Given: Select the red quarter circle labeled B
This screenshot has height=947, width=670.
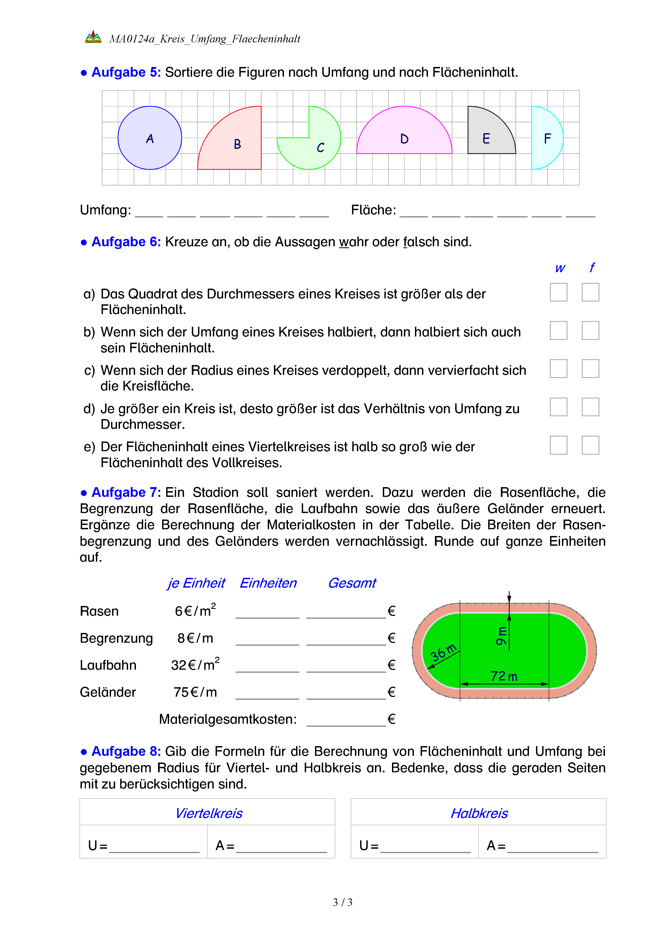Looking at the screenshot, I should click(237, 144).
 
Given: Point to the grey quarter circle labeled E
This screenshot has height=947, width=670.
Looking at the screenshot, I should click(487, 136).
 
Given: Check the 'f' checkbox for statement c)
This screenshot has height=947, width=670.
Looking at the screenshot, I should click(590, 368).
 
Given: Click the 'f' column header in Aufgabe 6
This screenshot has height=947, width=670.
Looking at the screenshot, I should click(592, 268).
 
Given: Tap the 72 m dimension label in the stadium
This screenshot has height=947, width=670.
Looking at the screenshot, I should click(504, 676).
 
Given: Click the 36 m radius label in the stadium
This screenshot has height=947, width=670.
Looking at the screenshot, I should click(443, 652).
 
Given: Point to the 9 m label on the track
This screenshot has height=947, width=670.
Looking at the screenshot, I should click(501, 636).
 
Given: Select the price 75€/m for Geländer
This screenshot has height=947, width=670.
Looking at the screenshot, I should click(195, 692).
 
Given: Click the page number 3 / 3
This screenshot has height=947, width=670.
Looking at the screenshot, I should click(342, 902).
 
